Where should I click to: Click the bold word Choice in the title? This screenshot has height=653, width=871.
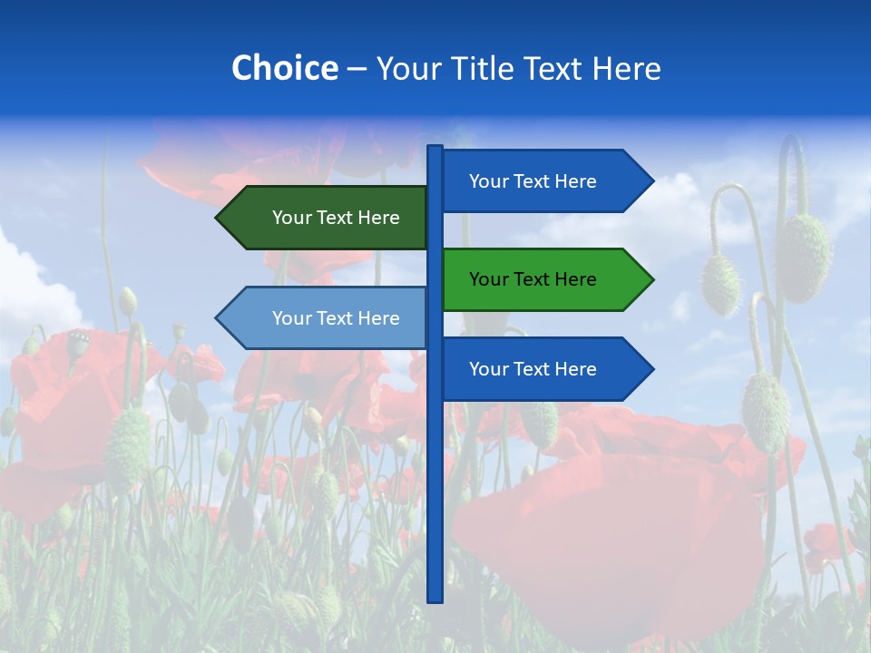pos(284,68)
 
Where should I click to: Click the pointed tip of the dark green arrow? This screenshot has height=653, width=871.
pos(218,218)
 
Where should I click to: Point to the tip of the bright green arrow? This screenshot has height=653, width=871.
pos(651,279)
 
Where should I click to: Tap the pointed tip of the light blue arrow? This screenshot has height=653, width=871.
pos(218,318)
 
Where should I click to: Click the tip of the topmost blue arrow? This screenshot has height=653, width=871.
pos(651,181)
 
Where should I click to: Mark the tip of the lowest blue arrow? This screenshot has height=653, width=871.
pos(651,369)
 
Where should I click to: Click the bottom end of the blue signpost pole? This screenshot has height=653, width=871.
pos(435,599)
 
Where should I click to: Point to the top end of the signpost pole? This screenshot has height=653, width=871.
pos(435,148)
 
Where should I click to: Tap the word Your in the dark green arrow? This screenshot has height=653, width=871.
pos(291,218)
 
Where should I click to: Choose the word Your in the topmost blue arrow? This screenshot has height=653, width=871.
pos(488,181)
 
